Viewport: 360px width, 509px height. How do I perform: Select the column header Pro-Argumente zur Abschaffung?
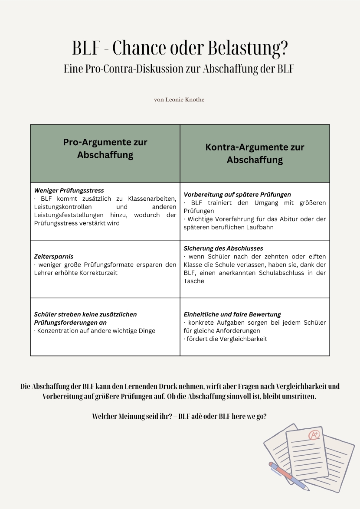(105, 149)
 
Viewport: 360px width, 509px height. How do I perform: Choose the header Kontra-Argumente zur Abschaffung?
(255, 153)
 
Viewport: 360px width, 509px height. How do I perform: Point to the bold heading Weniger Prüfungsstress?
(69, 190)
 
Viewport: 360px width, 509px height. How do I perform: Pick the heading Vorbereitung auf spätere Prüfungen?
(237, 195)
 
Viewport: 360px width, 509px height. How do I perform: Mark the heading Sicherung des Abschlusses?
(223, 248)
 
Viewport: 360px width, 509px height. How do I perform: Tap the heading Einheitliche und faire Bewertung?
(232, 314)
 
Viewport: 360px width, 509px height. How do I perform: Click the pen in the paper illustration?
(288, 476)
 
